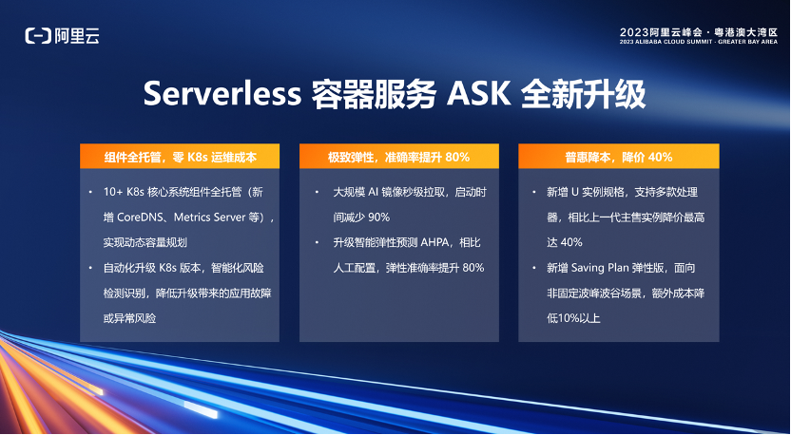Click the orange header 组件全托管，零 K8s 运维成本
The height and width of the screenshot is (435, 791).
180,156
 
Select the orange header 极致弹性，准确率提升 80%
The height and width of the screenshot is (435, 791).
399,156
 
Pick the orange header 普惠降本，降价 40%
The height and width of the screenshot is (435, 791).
619,156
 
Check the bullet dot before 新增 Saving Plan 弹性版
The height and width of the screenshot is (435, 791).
532,268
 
